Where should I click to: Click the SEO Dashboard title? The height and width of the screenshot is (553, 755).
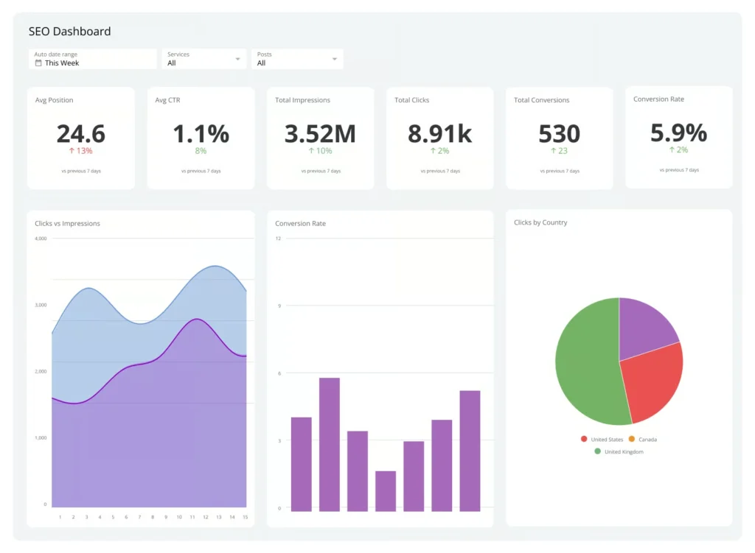pyautogui.click(x=69, y=32)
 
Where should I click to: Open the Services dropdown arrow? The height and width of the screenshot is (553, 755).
pyautogui.click(x=237, y=59)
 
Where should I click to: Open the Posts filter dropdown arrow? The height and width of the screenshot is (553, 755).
pyautogui.click(x=335, y=59)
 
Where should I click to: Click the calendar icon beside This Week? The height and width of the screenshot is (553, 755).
pyautogui.click(x=38, y=63)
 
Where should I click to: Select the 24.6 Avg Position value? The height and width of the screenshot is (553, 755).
pyautogui.click(x=81, y=133)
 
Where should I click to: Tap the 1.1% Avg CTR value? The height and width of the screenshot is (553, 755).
pyautogui.click(x=201, y=133)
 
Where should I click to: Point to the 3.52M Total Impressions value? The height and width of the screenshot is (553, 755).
pyautogui.click(x=320, y=133)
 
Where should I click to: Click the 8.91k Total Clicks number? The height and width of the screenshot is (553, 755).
pyautogui.click(x=440, y=133)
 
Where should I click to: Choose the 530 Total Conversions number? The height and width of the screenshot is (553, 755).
pyautogui.click(x=559, y=133)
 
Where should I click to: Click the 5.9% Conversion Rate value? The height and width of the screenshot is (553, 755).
pyautogui.click(x=678, y=133)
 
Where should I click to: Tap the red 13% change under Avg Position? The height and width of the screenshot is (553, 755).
pyautogui.click(x=81, y=151)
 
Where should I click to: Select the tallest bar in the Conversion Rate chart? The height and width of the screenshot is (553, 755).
pyautogui.click(x=329, y=444)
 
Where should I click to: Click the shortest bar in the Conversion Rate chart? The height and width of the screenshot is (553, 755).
pyautogui.click(x=385, y=491)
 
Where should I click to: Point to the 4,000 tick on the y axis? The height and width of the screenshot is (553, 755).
pyautogui.click(x=41, y=239)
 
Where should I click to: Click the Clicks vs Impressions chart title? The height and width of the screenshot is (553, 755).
pyautogui.click(x=67, y=223)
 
